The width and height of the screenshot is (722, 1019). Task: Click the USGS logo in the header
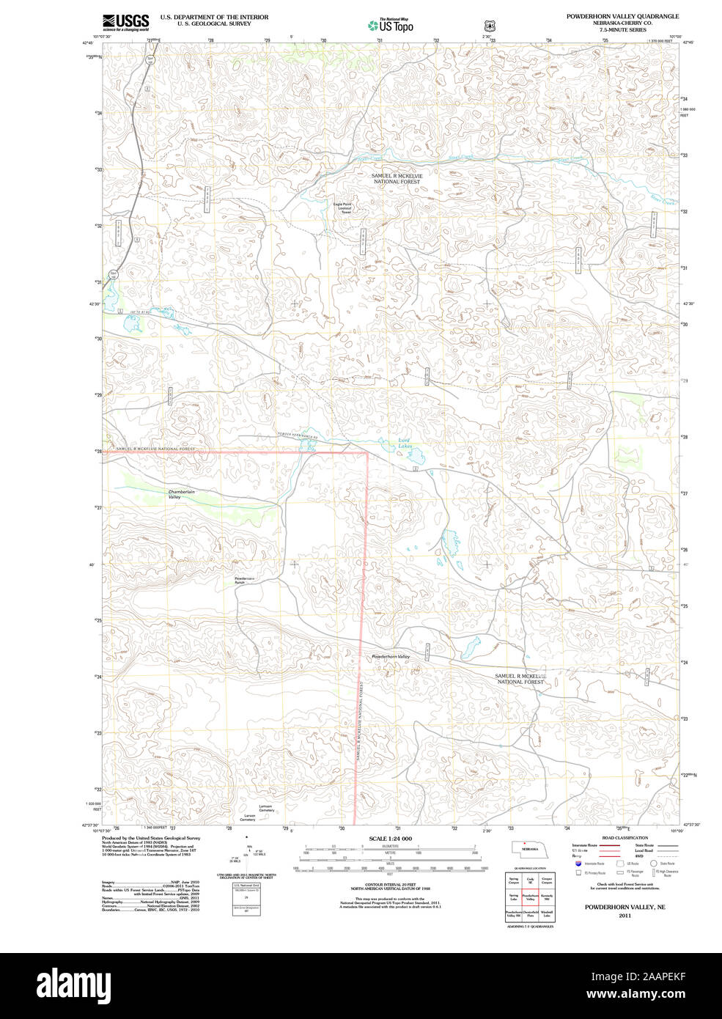[125, 21]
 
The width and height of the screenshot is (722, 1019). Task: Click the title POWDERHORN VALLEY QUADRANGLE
[622, 16]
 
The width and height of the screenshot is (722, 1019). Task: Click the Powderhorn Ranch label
[245, 581]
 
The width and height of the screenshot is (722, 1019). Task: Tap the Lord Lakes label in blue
[405, 443]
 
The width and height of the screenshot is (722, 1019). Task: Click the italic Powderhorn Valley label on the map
[391, 656]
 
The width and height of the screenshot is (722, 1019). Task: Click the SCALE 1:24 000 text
[390, 839]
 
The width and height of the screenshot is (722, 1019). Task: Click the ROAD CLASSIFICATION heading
[625, 838]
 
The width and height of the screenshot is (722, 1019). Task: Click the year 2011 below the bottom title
[625, 916]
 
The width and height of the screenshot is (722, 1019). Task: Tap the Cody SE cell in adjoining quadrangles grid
[530, 881]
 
